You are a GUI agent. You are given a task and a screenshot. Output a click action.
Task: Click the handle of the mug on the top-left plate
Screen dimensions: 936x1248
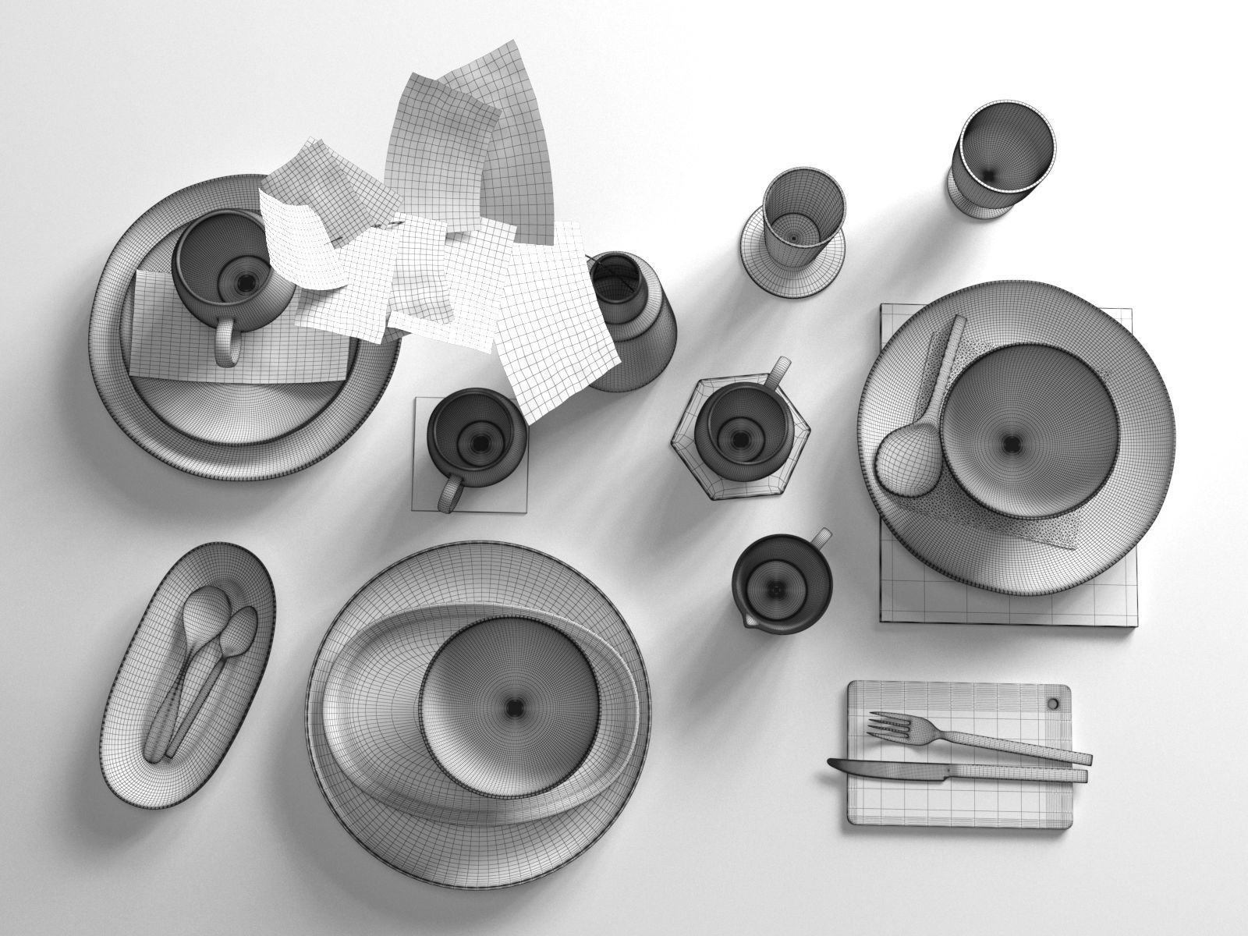pyautogui.click(x=225, y=343)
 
